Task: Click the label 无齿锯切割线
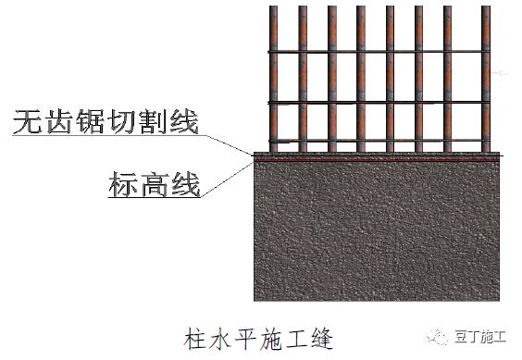[105, 122]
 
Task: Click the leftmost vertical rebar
[274, 74]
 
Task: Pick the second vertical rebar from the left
[303, 74]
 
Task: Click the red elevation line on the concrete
[377, 160]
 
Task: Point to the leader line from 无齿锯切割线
[227, 143]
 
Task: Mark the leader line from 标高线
[227, 178]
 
